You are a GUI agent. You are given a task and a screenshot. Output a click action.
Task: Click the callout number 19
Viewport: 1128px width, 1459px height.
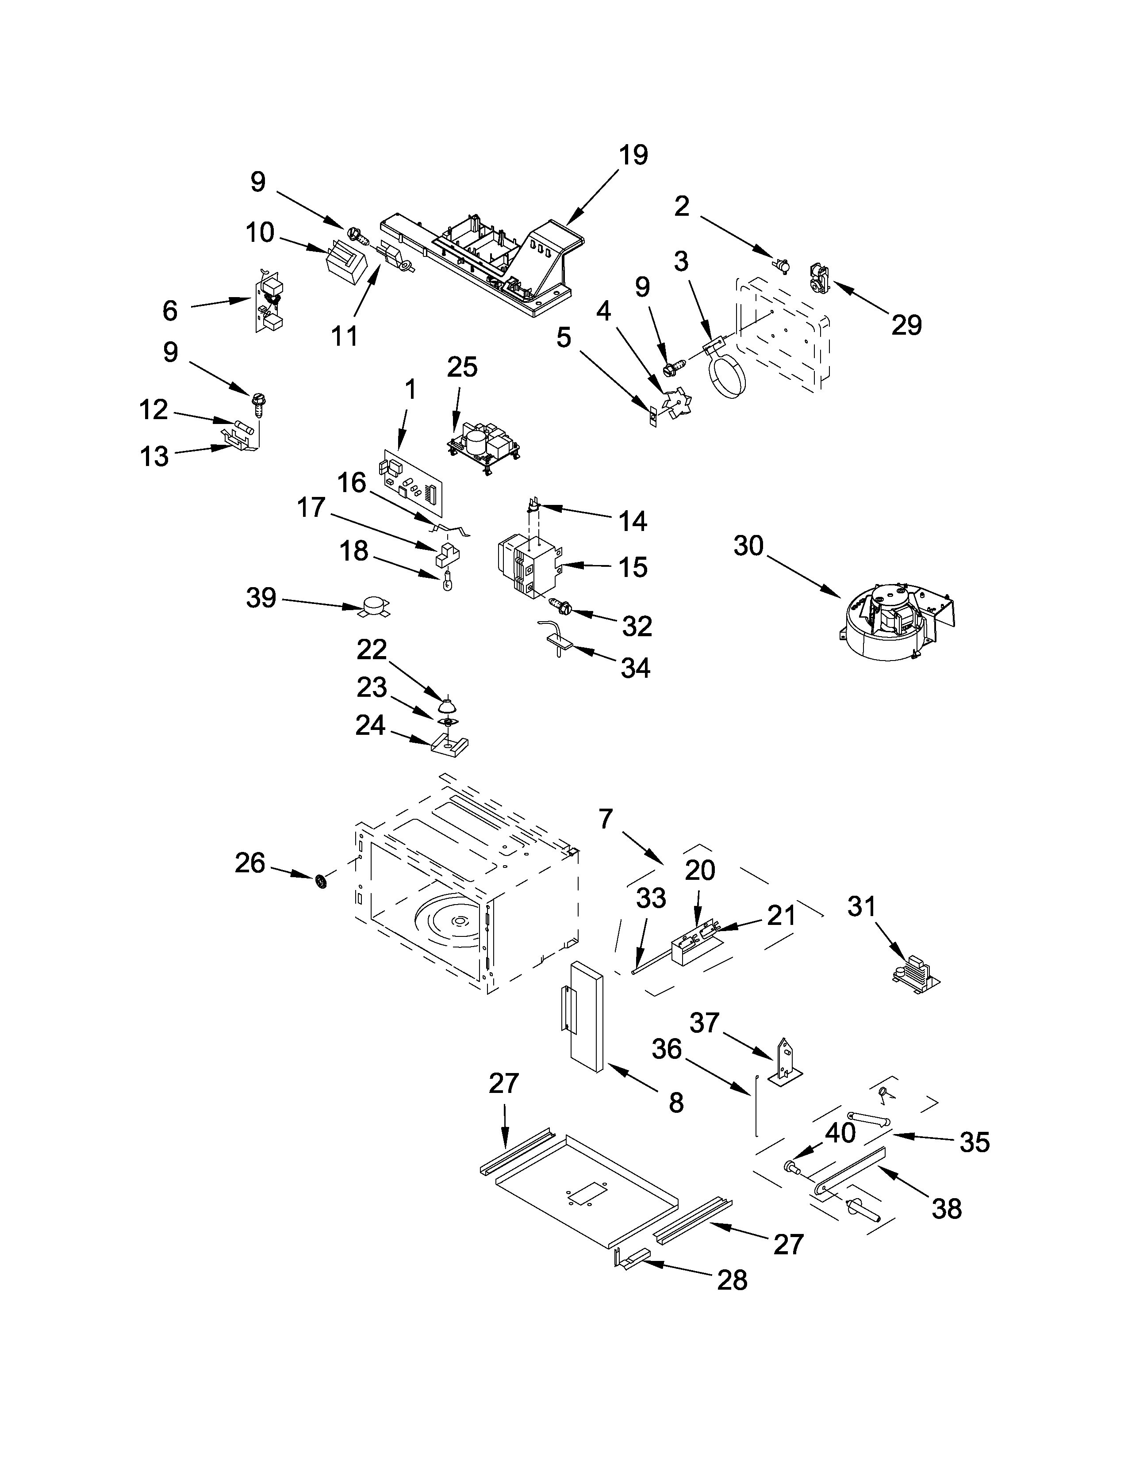tap(632, 156)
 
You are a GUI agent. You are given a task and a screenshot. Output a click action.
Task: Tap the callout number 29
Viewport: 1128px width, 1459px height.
tap(905, 325)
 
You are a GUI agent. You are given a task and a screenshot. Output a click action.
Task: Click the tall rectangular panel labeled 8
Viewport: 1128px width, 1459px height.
tap(587, 1021)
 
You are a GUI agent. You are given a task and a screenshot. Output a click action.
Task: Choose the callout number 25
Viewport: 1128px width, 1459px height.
tap(462, 367)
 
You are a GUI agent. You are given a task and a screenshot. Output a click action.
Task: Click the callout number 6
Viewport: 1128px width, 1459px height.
tap(170, 311)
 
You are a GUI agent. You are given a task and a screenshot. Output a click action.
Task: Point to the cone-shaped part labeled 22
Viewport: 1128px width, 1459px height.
tap(446, 704)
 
